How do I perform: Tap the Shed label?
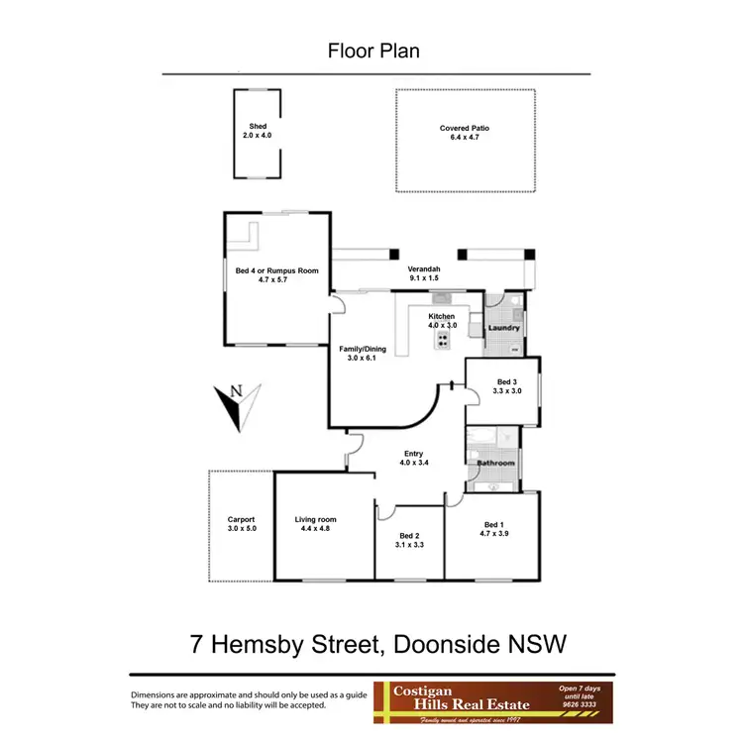pos(258,127)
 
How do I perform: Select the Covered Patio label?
pos(465,128)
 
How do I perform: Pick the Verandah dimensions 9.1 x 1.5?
pos(424,279)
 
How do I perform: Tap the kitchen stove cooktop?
pos(443,340)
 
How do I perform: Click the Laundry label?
pos(504,328)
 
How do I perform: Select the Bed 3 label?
pos(506,382)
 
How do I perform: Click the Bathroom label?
pos(495,463)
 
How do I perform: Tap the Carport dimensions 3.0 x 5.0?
pos(241,529)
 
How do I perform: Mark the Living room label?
pos(316,519)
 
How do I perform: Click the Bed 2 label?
pos(409,535)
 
